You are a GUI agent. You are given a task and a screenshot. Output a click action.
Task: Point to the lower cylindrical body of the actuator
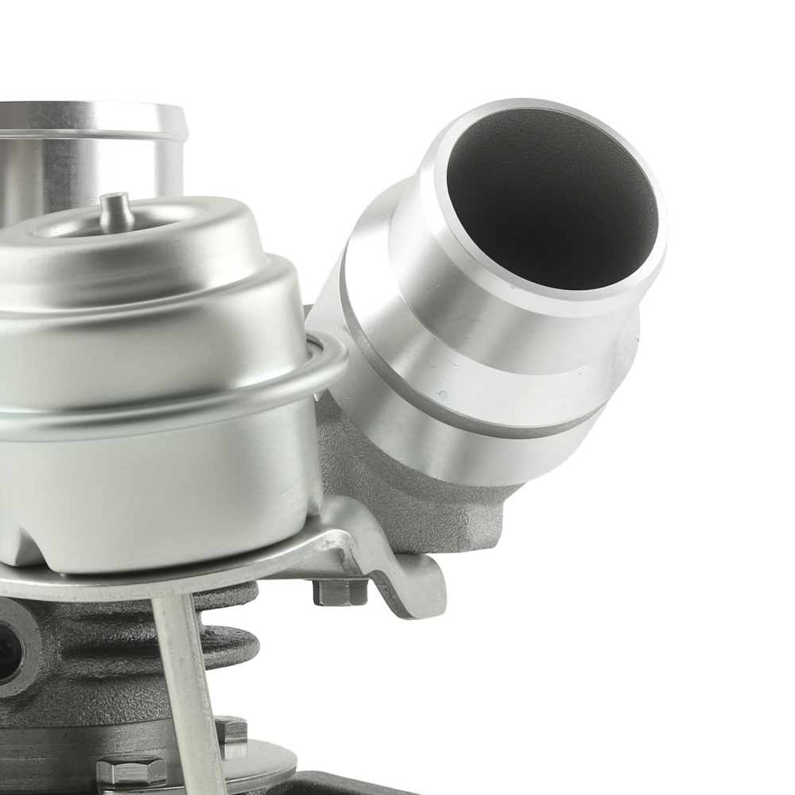pos(159,493)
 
